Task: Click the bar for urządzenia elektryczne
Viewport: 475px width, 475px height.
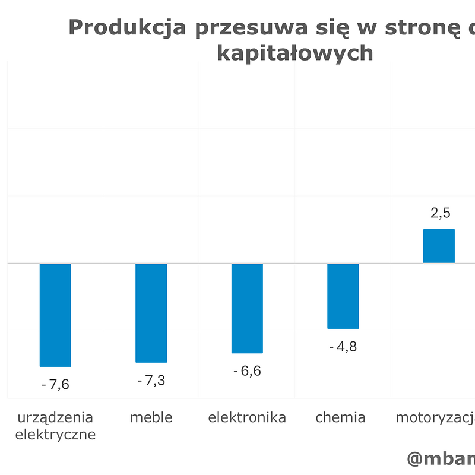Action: pyautogui.click(x=55, y=315)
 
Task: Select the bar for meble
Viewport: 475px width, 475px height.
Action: pyautogui.click(x=151, y=312)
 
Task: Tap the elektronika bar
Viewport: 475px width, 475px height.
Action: pyautogui.click(x=247, y=308)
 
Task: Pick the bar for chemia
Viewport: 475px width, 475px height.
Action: pyautogui.click(x=343, y=296)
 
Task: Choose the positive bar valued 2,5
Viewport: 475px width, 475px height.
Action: pyautogui.click(x=439, y=246)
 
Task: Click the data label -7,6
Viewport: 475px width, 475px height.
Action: pyautogui.click(x=55, y=385)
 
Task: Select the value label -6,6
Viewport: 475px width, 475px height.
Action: pyautogui.click(x=247, y=371)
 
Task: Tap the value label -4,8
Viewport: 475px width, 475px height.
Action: pyautogui.click(x=343, y=347)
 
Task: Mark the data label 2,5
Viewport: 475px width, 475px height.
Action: pyautogui.click(x=439, y=213)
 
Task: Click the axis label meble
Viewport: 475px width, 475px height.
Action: pyautogui.click(x=151, y=417)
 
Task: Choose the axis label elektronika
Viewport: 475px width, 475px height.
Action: pyautogui.click(x=247, y=417)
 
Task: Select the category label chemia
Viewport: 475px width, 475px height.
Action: pyautogui.click(x=340, y=417)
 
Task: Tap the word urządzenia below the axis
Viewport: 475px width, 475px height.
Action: pyautogui.click(x=55, y=418)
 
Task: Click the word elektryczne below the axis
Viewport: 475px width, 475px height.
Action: pyautogui.click(x=55, y=435)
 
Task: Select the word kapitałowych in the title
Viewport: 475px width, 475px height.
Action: pyautogui.click(x=295, y=53)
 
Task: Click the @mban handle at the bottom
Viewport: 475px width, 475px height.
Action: pyautogui.click(x=441, y=458)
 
